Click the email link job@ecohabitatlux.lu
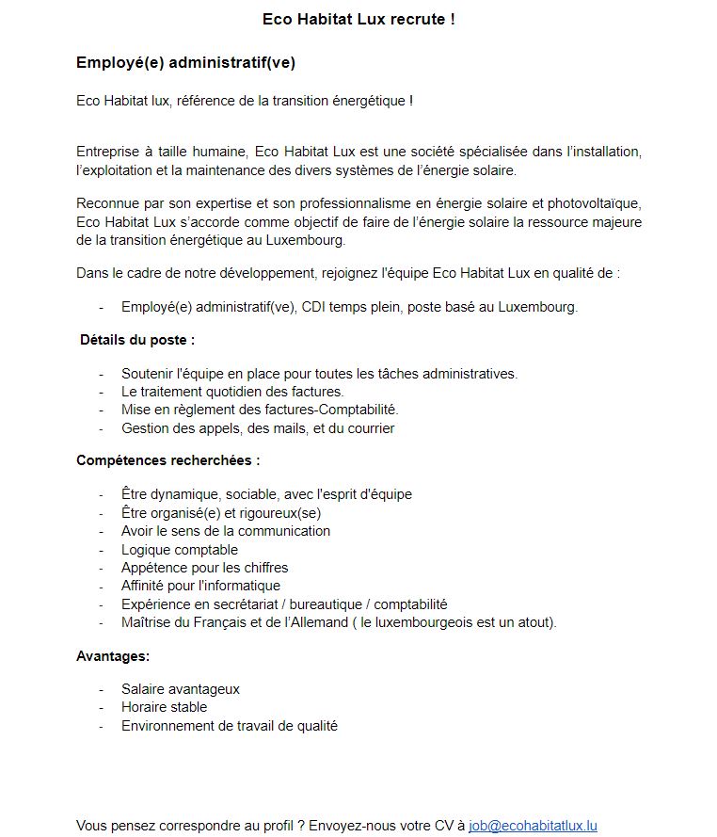(x=533, y=826)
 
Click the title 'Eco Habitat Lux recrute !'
(x=358, y=19)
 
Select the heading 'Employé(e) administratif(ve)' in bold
(x=186, y=62)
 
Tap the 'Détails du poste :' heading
(x=137, y=339)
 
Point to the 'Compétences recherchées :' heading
(x=167, y=460)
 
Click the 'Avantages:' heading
(x=113, y=655)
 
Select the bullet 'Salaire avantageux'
(x=181, y=689)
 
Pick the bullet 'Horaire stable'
(x=165, y=707)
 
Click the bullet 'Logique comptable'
(x=180, y=550)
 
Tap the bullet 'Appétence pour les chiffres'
(x=205, y=568)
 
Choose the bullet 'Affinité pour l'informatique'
(x=201, y=586)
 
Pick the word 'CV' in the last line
(x=445, y=826)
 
